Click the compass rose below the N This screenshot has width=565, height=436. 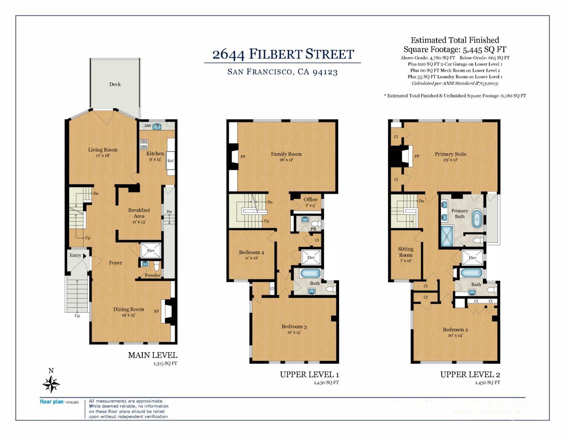(x=51, y=384)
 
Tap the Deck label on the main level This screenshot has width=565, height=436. (x=115, y=84)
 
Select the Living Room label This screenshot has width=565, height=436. (x=103, y=150)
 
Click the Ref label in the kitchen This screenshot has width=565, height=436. (x=170, y=161)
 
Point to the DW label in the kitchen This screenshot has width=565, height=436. (x=148, y=126)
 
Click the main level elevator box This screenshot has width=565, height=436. (x=151, y=250)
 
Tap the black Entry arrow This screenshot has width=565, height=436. (x=84, y=256)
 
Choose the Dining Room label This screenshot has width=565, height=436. (x=128, y=309)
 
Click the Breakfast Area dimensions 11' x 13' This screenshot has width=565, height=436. (x=139, y=222)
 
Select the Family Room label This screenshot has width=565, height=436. (x=286, y=154)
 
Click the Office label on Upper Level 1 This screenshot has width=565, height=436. (x=310, y=199)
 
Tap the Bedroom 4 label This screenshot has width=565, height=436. (x=252, y=252)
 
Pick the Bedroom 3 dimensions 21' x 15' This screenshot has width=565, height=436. (x=294, y=333)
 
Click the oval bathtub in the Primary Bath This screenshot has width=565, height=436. (x=477, y=219)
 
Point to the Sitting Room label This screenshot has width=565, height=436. (x=406, y=252)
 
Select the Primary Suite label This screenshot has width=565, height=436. (x=450, y=154)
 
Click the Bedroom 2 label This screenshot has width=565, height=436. (x=455, y=330)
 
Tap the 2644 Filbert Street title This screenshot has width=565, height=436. (x=283, y=54)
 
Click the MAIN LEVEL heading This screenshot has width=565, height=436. (x=153, y=355)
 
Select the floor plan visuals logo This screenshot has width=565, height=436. (x=59, y=402)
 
